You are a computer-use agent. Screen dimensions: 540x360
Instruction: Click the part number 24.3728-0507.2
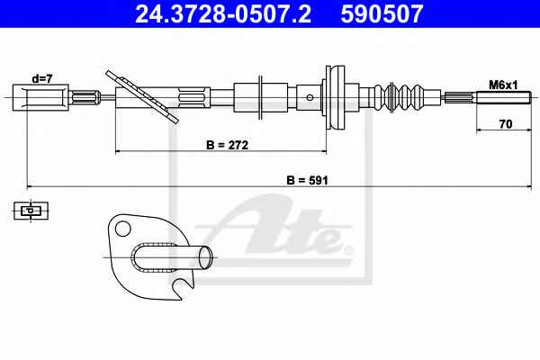(223, 14)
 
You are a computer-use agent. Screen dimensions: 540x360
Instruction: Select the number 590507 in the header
(382, 14)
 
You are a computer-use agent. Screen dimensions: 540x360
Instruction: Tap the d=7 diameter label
(42, 79)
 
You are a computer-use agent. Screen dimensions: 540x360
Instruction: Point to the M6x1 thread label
(503, 85)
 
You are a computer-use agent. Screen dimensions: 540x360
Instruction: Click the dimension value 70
(505, 123)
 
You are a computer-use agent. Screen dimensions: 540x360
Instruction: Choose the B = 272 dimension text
(227, 145)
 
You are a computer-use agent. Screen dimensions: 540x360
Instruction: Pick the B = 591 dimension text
(307, 180)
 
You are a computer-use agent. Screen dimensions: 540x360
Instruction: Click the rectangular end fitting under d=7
(40, 97)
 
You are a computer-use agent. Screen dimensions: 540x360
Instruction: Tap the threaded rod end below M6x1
(503, 97)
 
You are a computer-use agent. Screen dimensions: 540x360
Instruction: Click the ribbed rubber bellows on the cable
(400, 97)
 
